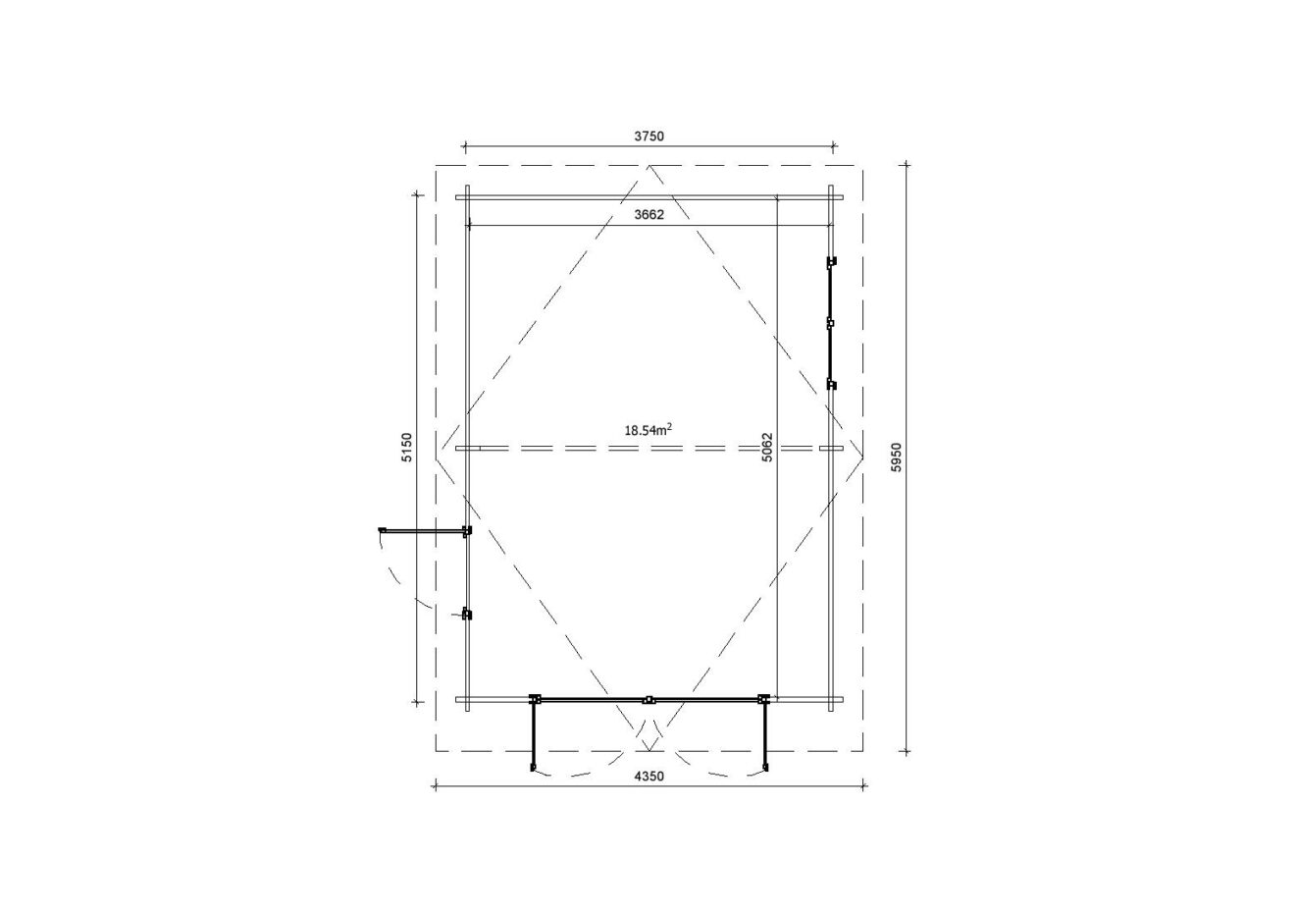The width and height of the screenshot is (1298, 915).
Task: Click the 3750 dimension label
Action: click(x=649, y=136)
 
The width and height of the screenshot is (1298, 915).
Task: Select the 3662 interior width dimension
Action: click(x=649, y=215)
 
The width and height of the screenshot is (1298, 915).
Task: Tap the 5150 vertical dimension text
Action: click(x=407, y=447)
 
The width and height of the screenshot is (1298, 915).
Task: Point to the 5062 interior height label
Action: click(x=767, y=447)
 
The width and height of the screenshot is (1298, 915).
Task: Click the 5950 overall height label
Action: click(x=897, y=457)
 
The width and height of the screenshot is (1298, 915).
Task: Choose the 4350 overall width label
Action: click(x=649, y=777)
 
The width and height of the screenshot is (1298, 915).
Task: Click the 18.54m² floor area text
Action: click(x=649, y=430)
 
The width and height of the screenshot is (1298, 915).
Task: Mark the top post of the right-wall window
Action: click(x=832, y=262)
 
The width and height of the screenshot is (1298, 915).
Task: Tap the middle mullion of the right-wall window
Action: click(x=830, y=323)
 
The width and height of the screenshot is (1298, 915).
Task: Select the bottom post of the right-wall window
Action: click(x=832, y=384)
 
